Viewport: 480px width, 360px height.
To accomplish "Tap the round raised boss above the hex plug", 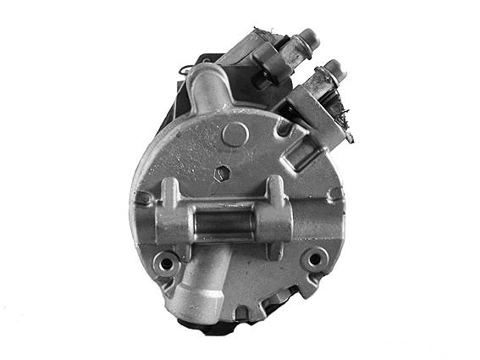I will (x=236, y=133).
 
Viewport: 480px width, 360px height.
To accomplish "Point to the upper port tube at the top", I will (x=207, y=85).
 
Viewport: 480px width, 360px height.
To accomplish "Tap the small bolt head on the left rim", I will (x=145, y=198).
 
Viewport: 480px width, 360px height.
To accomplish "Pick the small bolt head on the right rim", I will (x=336, y=194).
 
